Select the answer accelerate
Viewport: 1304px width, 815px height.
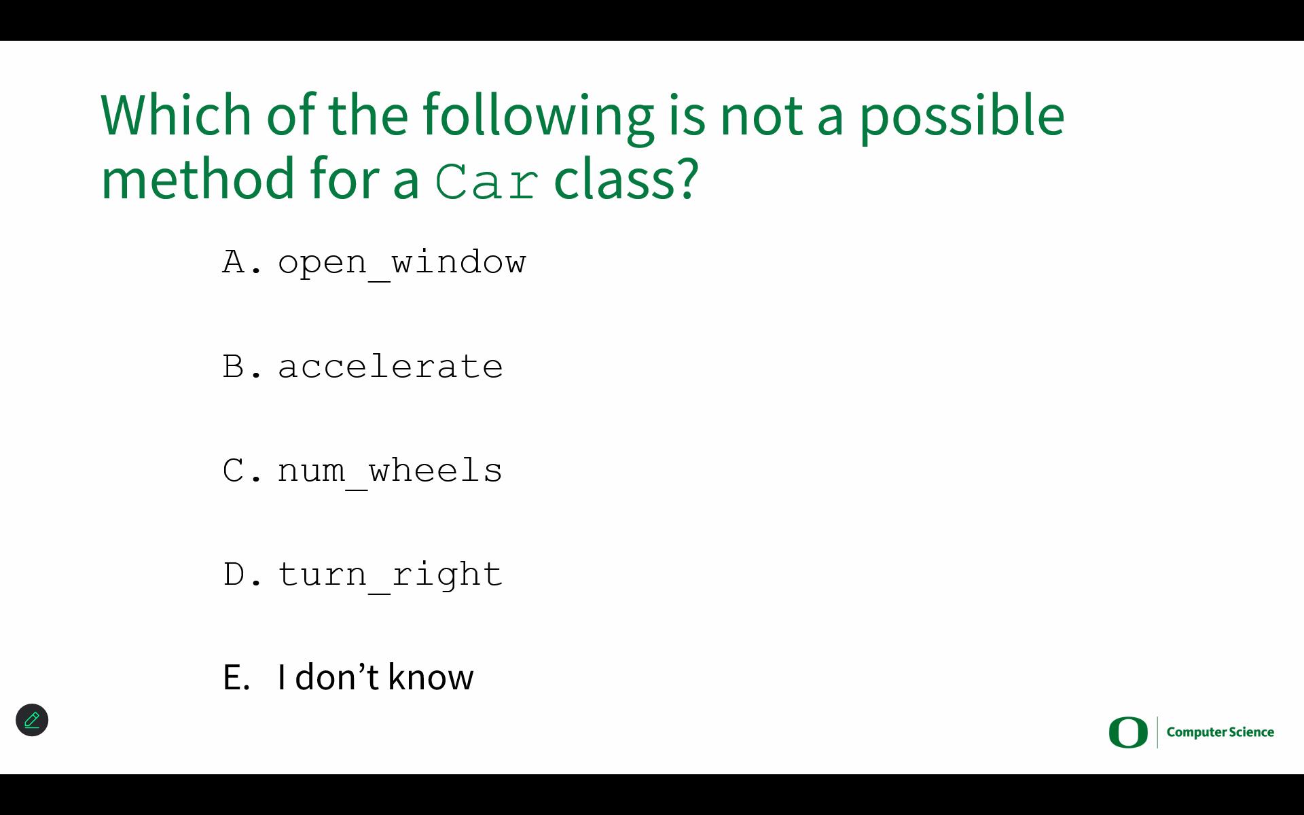click(x=391, y=367)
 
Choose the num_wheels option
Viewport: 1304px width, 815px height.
click(x=391, y=471)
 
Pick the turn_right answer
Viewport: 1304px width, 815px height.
click(x=391, y=575)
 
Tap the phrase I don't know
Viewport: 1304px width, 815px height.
click(x=376, y=677)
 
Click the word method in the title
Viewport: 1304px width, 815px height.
click(x=198, y=178)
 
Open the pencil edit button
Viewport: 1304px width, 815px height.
click(x=32, y=720)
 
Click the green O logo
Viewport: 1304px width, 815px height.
click(x=1128, y=732)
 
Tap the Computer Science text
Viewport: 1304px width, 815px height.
click(x=1220, y=732)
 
